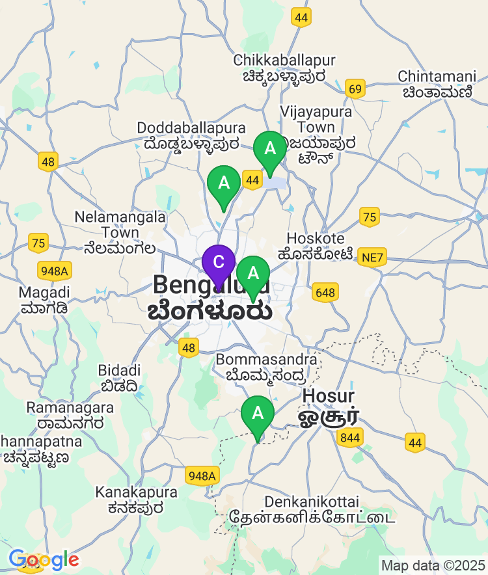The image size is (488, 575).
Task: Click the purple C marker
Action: point(219,262)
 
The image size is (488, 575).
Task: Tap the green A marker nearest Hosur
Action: point(258,413)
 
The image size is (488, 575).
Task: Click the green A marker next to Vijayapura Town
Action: point(269,148)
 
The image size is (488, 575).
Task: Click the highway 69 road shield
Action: point(355,89)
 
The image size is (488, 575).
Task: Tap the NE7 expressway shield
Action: point(373,258)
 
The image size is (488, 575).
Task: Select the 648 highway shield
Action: point(324,293)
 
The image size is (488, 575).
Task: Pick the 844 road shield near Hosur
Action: point(350,438)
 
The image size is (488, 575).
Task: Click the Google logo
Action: point(44,559)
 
